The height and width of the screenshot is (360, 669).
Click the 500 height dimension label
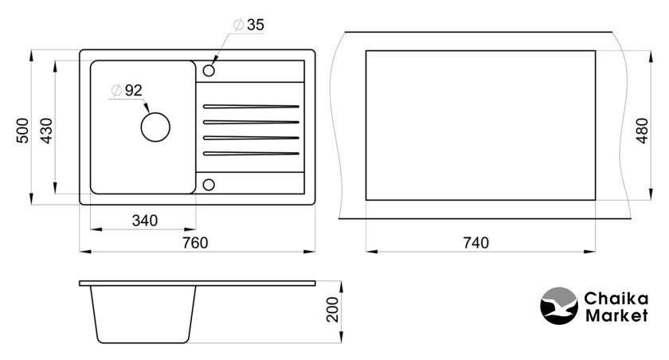[x=23, y=131]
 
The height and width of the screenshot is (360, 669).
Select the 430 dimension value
[x=46, y=131]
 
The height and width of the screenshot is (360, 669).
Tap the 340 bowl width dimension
[x=145, y=221]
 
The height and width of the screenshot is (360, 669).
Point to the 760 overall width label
[x=195, y=243]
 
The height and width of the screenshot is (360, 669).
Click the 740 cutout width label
[x=475, y=243]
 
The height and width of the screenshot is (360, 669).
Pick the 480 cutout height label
[x=642, y=131]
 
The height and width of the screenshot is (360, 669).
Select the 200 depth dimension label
[x=332, y=309]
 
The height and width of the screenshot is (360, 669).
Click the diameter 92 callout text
[x=127, y=91]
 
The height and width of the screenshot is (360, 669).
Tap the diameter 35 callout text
[x=249, y=25]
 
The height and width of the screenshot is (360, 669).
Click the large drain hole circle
[x=155, y=112]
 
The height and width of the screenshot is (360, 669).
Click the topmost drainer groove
[x=251, y=106]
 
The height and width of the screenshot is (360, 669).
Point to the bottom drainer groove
[x=251, y=153]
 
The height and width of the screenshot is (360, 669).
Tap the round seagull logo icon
[x=559, y=306]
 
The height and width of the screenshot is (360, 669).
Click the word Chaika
[x=616, y=299]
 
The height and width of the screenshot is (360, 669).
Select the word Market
[x=616, y=315]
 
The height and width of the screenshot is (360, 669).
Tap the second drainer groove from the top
[x=251, y=122]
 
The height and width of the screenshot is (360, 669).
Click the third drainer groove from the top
[x=251, y=138]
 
